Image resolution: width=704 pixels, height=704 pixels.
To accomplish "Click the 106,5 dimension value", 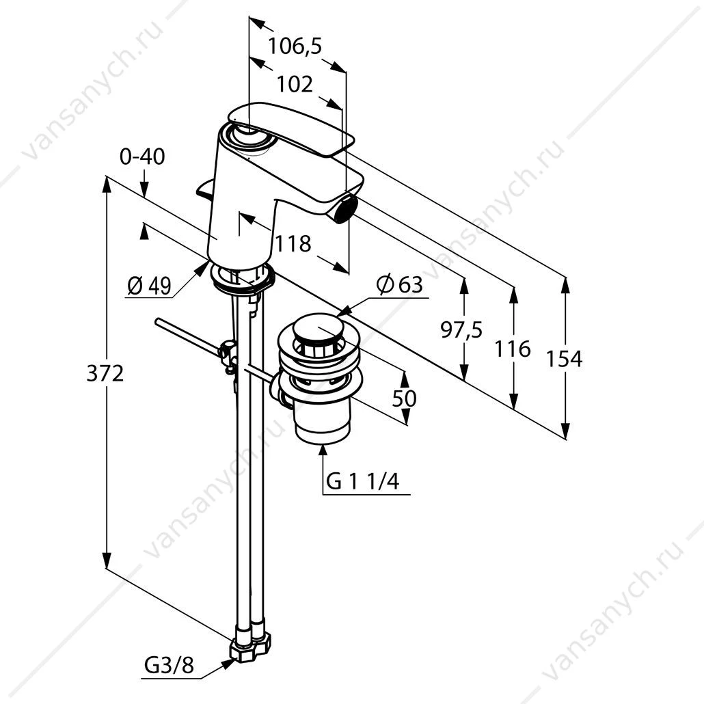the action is pyautogui.click(x=295, y=46).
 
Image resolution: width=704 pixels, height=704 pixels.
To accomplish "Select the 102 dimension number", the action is pyautogui.click(x=295, y=84).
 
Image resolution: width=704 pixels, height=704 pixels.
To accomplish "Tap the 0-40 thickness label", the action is pyautogui.click(x=142, y=157).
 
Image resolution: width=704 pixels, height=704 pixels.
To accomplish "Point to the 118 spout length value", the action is pyautogui.click(x=293, y=244).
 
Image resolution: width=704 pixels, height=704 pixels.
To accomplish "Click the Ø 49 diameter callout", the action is pyautogui.click(x=149, y=286).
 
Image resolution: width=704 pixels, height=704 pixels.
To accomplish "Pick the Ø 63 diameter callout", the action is pyautogui.click(x=400, y=284).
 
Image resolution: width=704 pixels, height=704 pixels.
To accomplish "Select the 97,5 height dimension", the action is pyautogui.click(x=461, y=330).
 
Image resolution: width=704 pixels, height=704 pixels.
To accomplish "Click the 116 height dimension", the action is pyautogui.click(x=513, y=349).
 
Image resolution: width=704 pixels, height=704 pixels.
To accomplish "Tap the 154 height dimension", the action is pyautogui.click(x=564, y=359).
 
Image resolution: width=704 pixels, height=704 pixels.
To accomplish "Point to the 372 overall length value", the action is pyautogui.click(x=105, y=373).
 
